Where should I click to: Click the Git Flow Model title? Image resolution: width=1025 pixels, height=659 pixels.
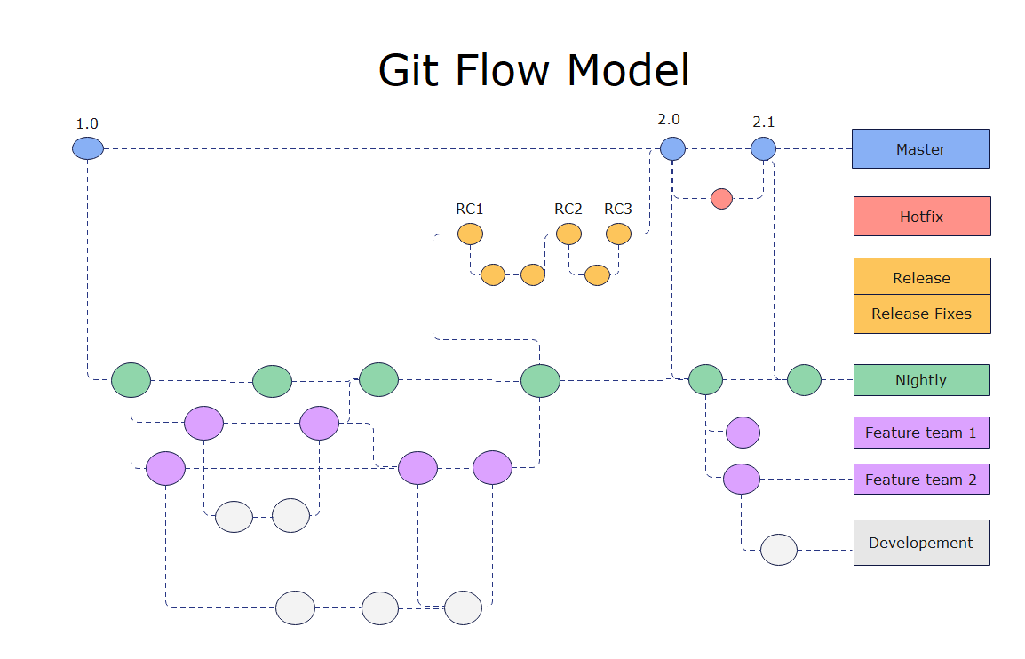534,70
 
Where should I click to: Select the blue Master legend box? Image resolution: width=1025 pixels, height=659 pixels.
920,149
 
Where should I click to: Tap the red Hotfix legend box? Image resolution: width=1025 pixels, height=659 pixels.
921,217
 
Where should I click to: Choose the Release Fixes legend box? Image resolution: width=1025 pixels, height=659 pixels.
921,314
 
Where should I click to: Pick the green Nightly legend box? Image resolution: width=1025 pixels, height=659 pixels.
921,380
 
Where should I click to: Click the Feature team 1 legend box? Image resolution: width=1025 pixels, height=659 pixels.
921,433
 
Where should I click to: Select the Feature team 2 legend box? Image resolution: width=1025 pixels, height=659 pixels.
921,480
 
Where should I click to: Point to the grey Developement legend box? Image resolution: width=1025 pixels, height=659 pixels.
921,543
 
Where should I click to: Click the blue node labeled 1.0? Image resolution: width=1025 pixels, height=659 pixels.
88,148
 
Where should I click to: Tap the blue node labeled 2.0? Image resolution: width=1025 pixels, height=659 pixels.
672,148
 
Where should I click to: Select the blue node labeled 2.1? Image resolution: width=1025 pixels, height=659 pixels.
763,148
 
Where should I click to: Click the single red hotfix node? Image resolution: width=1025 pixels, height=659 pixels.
721,198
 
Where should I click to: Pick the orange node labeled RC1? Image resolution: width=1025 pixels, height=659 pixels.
470,234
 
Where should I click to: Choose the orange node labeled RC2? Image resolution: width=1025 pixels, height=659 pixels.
568,234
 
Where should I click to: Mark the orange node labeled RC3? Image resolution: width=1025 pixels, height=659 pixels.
618,234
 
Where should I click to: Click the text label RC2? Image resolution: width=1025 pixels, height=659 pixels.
568,210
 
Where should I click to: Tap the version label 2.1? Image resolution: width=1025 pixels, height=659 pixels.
763,121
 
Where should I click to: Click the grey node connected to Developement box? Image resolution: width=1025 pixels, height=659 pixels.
779,550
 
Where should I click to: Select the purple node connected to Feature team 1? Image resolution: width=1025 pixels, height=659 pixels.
743,433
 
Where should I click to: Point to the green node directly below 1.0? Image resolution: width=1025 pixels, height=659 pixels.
131,380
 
